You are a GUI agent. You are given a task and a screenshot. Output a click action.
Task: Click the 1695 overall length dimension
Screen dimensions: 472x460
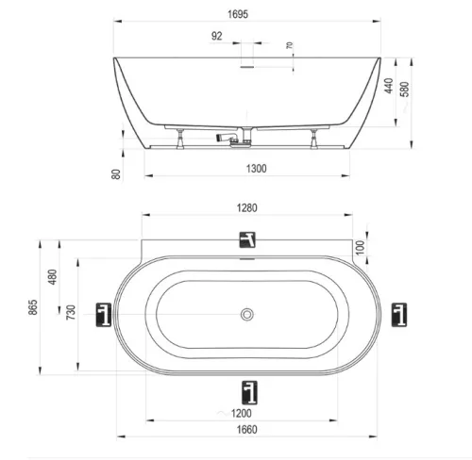pyautogui.click(x=238, y=14)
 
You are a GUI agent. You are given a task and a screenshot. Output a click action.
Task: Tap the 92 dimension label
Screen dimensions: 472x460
pyautogui.click(x=216, y=36)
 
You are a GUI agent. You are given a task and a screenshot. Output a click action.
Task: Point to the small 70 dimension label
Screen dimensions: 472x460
pyautogui.click(x=290, y=45)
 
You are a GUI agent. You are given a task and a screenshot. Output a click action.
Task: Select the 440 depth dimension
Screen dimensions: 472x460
pyautogui.click(x=389, y=86)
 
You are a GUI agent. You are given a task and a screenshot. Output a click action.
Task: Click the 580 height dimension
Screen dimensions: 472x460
pyautogui.click(x=405, y=89)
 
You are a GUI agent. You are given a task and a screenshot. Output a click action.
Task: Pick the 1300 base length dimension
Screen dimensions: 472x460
pyautogui.click(x=256, y=169)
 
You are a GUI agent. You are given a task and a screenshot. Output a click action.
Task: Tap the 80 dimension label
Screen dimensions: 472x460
pyautogui.click(x=116, y=174)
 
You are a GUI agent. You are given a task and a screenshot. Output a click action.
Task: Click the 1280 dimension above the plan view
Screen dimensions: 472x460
pyautogui.click(x=247, y=208)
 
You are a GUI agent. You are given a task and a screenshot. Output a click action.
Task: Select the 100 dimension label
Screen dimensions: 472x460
pyautogui.click(x=361, y=247)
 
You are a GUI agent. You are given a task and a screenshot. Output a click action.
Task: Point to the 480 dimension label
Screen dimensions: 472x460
pyautogui.click(x=53, y=277)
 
